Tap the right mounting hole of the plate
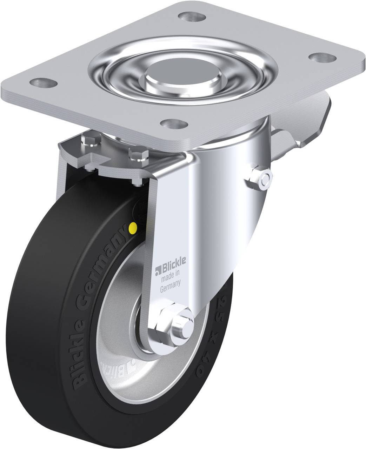320,57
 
